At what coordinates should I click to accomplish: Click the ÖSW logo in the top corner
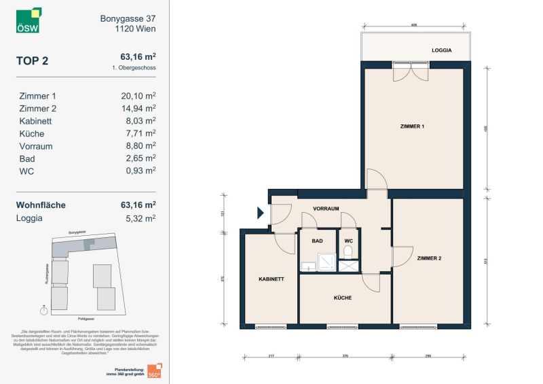pyautogui.click(x=29, y=20)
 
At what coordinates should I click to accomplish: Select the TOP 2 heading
pyautogui.click(x=32, y=60)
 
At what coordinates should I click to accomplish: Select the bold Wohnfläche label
pyautogui.click(x=42, y=205)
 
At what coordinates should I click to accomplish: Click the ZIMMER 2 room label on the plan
pyautogui.click(x=429, y=258)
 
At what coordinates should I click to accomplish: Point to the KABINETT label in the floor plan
pyautogui.click(x=271, y=279)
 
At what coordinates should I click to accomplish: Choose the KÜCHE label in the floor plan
pyautogui.click(x=342, y=298)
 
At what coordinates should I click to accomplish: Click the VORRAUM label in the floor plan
pyautogui.click(x=326, y=209)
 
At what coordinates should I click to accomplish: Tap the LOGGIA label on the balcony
pyautogui.click(x=442, y=50)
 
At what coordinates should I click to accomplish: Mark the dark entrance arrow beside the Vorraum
pyautogui.click(x=260, y=213)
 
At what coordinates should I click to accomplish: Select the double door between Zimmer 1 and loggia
pyautogui.click(x=410, y=71)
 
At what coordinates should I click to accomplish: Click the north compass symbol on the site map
pyautogui.click(x=44, y=311)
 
